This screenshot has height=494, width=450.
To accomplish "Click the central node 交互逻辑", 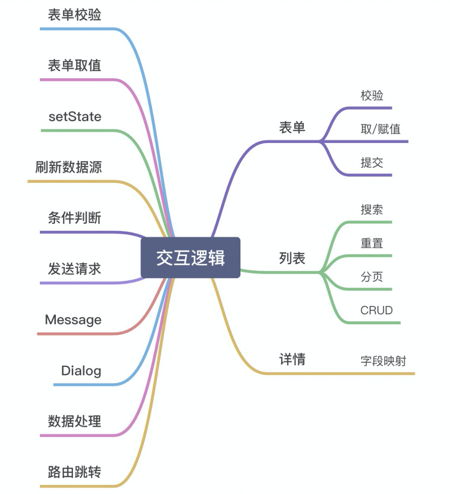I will tap(190, 258).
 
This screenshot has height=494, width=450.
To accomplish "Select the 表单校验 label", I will tap(75, 15).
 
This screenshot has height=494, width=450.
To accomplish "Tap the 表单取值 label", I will tap(75, 65).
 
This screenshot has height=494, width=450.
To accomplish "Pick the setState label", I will tap(75, 117).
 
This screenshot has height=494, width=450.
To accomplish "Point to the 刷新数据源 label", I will tap(69, 167).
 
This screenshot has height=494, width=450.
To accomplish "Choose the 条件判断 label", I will tap(75, 218).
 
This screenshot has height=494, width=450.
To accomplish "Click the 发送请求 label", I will tap(75, 269).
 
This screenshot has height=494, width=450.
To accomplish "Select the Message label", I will tap(73, 320).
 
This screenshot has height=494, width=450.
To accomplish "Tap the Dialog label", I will tap(81, 371).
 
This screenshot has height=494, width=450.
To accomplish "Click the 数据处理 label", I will tap(75, 422).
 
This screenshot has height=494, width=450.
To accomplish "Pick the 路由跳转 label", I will tap(75, 472).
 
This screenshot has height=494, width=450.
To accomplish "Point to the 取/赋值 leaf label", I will tap(380, 129).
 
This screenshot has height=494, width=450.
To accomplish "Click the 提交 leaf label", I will tap(372, 163).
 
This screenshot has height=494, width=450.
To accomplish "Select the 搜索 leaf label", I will tap(372, 210).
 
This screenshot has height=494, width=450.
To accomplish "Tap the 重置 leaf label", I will tap(372, 243).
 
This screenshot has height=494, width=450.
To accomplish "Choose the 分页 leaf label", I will tap(372, 277).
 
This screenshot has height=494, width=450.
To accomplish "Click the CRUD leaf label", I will tap(377, 311).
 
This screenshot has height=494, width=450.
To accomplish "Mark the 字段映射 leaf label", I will tap(383, 361).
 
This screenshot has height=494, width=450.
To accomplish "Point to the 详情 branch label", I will tap(292, 359).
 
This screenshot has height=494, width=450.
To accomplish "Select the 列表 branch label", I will tap(292, 259).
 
